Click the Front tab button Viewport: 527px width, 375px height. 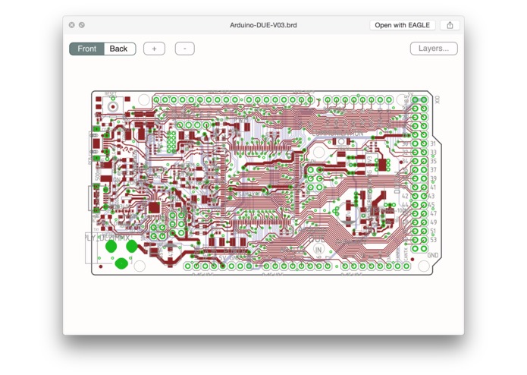click(87, 49)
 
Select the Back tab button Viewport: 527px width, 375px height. click(119, 49)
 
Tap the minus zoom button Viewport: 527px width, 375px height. click(185, 49)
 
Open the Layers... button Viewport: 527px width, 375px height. click(434, 49)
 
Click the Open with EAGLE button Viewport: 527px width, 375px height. click(403, 25)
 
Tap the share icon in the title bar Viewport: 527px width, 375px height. click(450, 25)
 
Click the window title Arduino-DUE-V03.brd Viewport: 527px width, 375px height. click(263, 25)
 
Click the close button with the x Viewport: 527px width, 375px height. click(72, 25)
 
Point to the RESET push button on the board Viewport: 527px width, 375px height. click(113, 106)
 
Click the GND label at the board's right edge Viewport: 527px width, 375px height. click(434, 256)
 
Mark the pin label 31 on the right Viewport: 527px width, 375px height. click(433, 143)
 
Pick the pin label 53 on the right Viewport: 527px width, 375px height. click(433, 240)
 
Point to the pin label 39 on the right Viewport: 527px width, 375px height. click(433, 178)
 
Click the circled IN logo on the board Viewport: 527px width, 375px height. click(318, 248)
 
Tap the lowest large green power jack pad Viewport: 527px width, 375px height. click(121, 263)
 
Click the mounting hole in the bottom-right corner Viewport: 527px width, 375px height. click(424, 266)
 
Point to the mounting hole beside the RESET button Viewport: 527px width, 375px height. click(142, 99)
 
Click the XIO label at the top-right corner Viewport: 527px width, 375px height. click(438, 99)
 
